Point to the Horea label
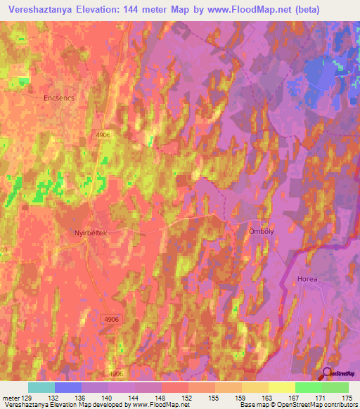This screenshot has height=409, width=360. tap(306, 279)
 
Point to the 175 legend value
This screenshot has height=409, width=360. tap(345, 398)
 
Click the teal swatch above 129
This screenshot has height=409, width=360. tap(41, 387)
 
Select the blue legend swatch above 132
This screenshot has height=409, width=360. tap(68, 387)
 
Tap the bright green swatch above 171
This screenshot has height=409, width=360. tap(308, 387)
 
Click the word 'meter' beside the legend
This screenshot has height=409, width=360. tap(10, 398)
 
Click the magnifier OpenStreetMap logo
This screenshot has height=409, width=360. tap(328, 374)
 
